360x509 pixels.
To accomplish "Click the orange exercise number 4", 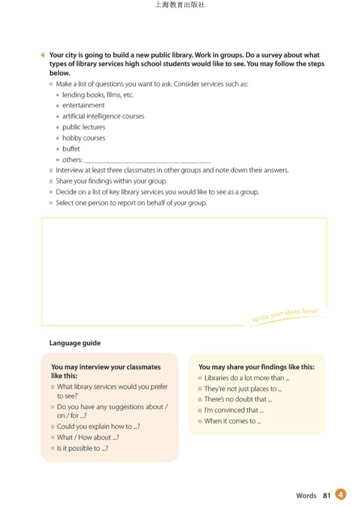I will point(43,55).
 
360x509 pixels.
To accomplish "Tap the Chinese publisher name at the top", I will point(180,5).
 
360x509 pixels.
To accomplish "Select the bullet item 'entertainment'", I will point(83,106).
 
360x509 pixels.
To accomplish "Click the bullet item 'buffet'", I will point(71,149).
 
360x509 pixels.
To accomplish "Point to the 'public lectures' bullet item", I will point(84,127).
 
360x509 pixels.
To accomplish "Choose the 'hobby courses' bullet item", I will point(84,138).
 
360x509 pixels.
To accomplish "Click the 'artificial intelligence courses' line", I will point(103,116).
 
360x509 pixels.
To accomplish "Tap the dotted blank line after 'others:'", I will point(147,161).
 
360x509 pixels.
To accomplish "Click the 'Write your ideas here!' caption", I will point(284,315).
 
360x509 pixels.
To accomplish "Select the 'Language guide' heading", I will point(75,343).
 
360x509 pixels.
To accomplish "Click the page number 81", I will point(327,496).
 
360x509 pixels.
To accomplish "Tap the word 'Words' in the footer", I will point(306,496).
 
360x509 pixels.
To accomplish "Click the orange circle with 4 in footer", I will point(341,494).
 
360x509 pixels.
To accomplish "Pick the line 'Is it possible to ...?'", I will point(83,449).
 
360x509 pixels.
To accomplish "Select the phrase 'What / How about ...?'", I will point(88,438).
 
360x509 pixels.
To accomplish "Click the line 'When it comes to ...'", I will point(233,421).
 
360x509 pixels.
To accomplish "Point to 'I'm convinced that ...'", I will point(234,410).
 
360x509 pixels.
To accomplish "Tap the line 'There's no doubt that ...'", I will point(238,399).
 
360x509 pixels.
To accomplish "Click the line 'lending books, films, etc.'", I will point(98,95).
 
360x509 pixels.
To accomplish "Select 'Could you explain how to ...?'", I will point(98,427).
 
